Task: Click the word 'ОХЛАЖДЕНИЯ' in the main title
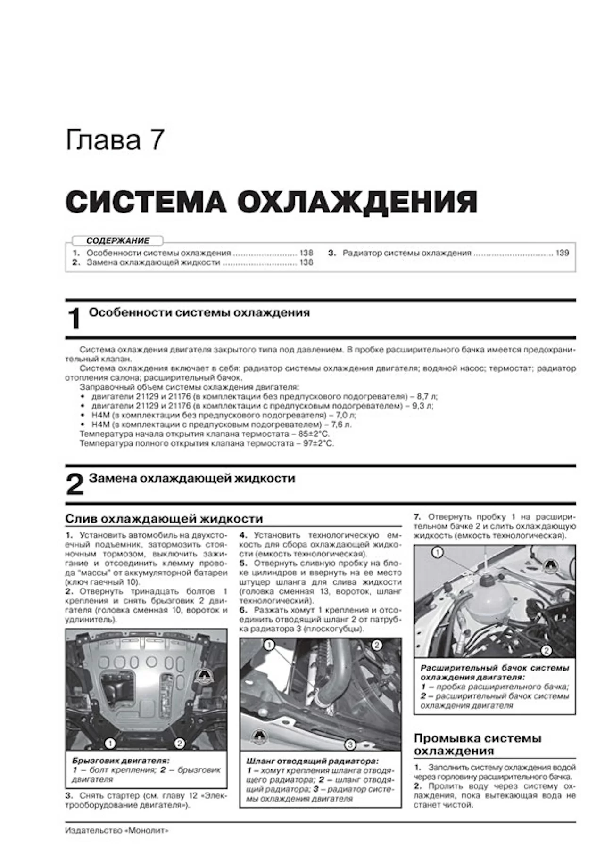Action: coord(357,203)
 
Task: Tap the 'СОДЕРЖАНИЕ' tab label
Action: coord(118,241)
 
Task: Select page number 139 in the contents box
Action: coord(562,253)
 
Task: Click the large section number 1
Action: coord(74,319)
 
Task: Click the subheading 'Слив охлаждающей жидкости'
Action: coord(164,519)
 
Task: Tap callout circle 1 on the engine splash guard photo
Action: coord(110,744)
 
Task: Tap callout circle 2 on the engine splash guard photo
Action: coord(179,744)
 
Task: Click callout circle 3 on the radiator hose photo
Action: coord(349,744)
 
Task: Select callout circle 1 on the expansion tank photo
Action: coord(438,552)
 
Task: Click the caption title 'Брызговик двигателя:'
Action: coord(120,761)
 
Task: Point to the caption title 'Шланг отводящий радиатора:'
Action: coord(312,761)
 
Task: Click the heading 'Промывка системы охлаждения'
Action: coord(477,744)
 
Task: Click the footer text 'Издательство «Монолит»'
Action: coord(116,831)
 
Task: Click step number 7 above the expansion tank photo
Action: coord(417,516)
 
